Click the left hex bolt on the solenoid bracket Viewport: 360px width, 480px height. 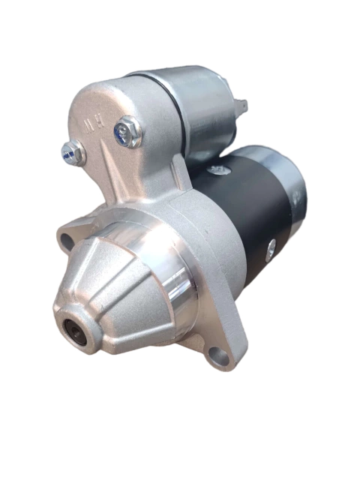click(73, 152)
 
